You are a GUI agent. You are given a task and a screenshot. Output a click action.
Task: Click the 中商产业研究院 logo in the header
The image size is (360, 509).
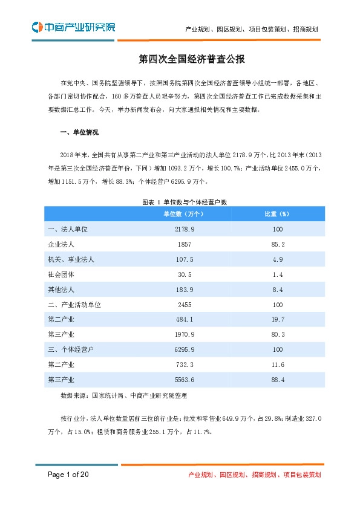(73, 27)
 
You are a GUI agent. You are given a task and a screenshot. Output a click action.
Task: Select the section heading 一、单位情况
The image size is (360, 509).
(80, 132)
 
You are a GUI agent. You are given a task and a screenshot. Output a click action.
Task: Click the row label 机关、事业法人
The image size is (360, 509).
(70, 259)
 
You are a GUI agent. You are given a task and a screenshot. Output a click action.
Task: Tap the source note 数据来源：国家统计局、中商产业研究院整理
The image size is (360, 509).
(124, 396)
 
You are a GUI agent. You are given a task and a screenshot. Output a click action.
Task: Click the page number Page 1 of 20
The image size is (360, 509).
(69, 475)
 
